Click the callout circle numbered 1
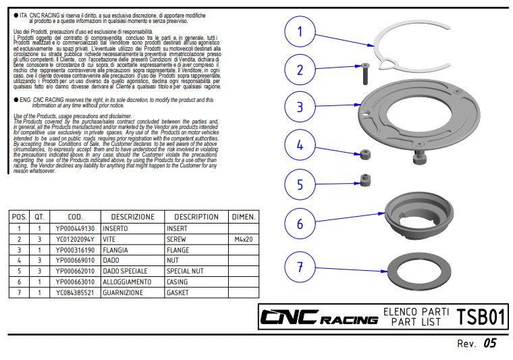pyautogui.click(x=300, y=31)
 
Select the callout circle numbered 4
pyautogui.click(x=300, y=145)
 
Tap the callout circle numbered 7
pyautogui.click(x=300, y=267)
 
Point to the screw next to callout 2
pyautogui.click(x=365, y=72)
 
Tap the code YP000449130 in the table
pyautogui.click(x=76, y=229)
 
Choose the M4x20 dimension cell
pyautogui.click(x=242, y=240)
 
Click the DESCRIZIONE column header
pyautogui.click(x=133, y=217)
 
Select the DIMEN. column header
pyautogui.click(x=242, y=217)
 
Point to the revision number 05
pyautogui.click(x=490, y=344)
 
